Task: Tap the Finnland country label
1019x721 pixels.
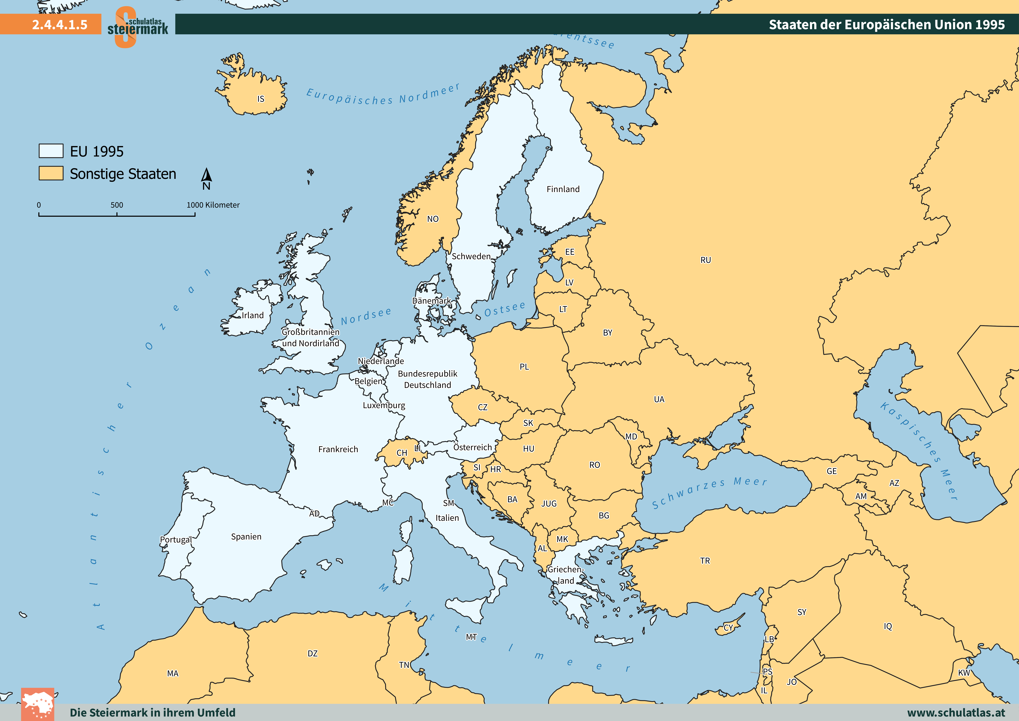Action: [563, 189]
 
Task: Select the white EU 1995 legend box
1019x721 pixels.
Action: [51, 151]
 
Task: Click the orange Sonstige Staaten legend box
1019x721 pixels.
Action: [51, 173]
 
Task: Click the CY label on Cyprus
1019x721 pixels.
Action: [728, 628]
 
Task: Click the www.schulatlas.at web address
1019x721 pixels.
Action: [956, 713]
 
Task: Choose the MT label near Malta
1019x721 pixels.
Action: [471, 637]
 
